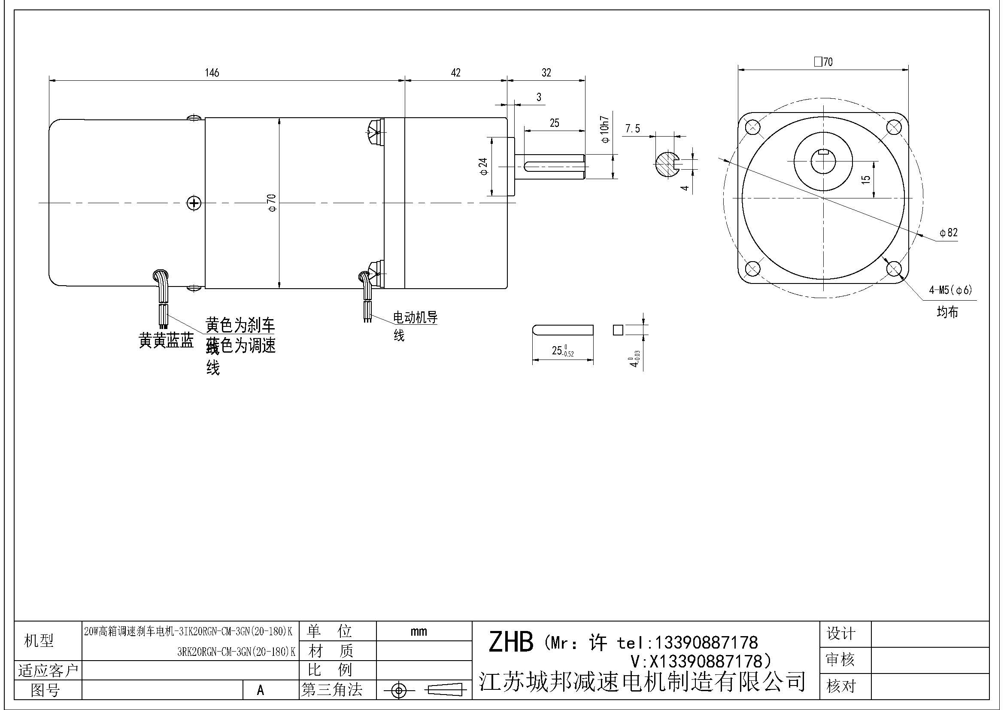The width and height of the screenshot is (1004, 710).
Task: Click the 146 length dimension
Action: (x=212, y=73)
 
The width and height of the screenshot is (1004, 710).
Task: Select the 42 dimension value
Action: (x=456, y=73)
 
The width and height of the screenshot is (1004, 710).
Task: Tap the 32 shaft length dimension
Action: (x=546, y=73)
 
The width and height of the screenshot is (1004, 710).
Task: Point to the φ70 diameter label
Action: (x=272, y=203)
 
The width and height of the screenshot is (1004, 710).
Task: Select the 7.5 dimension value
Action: (x=632, y=128)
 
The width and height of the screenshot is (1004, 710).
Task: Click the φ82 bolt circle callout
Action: (x=948, y=233)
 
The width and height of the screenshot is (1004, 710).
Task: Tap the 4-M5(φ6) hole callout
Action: (x=950, y=290)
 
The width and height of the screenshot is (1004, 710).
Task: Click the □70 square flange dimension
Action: (x=823, y=62)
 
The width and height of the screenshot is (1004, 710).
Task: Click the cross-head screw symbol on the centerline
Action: (x=194, y=203)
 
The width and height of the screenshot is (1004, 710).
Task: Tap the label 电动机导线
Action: (x=415, y=317)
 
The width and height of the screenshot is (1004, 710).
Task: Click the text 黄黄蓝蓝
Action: (x=166, y=340)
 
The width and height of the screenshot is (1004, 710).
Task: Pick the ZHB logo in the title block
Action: (x=510, y=642)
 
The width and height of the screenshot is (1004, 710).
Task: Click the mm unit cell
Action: (x=419, y=631)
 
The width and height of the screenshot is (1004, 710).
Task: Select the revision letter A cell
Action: (x=261, y=690)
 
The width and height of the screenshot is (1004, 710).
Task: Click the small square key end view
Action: (x=617, y=330)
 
